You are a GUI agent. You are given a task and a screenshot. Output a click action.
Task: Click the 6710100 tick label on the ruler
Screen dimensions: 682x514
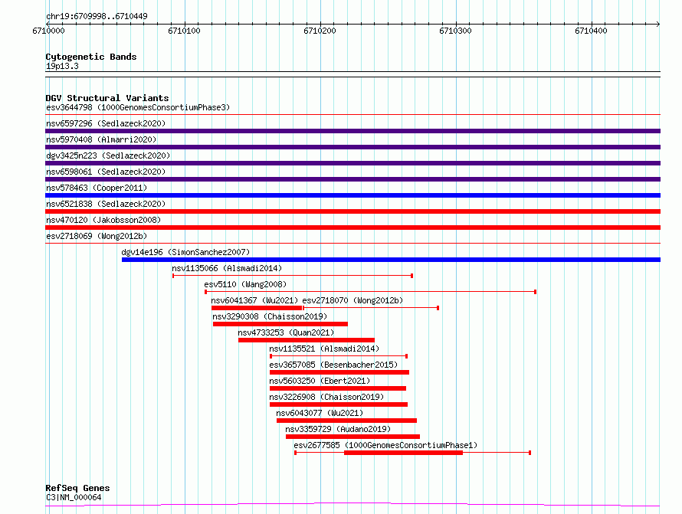point(184,31)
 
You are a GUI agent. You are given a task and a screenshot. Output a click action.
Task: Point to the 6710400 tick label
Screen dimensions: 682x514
point(591,31)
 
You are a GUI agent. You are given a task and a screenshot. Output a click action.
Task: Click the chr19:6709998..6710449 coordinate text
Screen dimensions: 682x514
point(97,16)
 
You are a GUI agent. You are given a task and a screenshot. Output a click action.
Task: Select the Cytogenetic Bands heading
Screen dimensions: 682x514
point(91,57)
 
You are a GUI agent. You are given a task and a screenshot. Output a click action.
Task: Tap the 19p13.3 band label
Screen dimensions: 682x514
point(62,66)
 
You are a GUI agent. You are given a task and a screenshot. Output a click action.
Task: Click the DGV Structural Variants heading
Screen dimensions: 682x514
point(107,98)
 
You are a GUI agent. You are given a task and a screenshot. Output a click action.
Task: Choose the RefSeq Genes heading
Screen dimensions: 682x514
point(77,488)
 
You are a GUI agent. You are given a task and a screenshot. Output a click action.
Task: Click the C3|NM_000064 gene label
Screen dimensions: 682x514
point(74,497)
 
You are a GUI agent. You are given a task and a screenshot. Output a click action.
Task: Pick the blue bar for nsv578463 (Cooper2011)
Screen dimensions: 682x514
point(352,195)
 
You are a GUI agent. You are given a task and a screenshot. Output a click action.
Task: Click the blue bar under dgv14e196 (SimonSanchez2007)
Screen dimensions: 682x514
point(391,260)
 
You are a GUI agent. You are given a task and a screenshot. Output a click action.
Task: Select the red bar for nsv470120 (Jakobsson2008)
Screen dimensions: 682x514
point(352,228)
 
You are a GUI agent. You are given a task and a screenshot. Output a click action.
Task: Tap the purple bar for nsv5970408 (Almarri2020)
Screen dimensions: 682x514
point(352,147)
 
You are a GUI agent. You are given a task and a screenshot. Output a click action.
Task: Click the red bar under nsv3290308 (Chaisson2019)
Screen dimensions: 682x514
point(280,324)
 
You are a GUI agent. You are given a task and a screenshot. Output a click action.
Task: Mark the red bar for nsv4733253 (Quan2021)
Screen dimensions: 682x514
point(307,340)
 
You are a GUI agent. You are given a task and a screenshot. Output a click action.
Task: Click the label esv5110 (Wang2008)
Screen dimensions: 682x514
point(245,284)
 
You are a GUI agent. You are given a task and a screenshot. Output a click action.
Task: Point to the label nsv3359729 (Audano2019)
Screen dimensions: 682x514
point(338,429)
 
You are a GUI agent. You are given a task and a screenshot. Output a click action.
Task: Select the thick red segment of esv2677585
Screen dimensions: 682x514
point(403,453)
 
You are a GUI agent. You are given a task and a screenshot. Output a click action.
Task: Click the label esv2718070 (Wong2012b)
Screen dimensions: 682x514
point(352,300)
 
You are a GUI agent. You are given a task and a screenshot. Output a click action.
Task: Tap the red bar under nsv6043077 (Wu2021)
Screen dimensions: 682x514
point(346,421)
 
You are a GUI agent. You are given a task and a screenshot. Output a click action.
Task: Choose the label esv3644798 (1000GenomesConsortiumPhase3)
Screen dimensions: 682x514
point(138,107)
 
